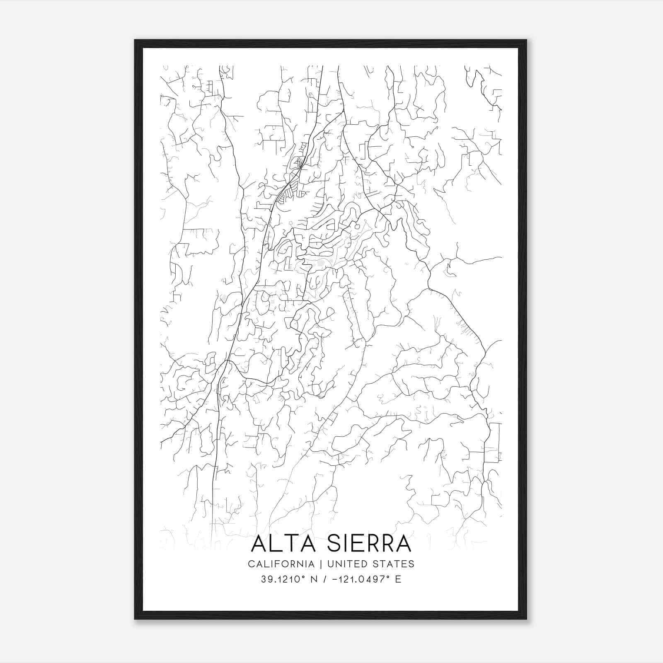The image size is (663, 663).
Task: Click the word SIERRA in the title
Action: pos(369,544)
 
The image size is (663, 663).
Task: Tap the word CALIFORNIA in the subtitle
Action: pos(281,564)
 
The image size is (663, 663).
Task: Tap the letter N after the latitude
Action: pos(314,579)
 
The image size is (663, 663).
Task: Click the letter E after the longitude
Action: pos(398,579)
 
